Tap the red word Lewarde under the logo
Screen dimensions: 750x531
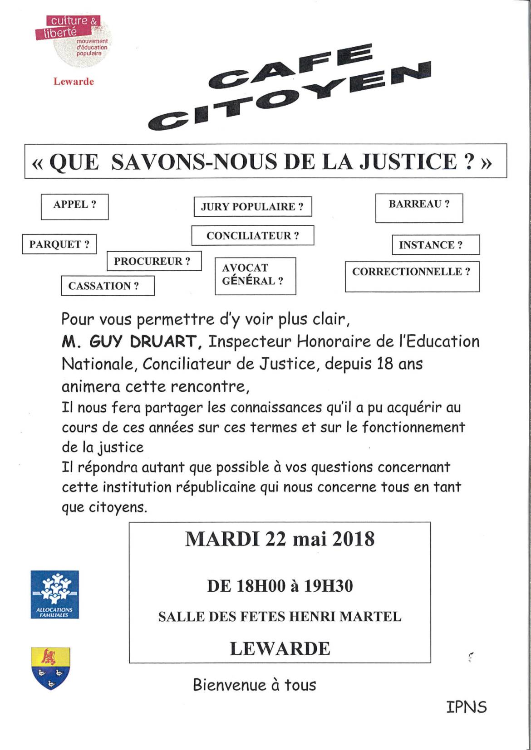click(x=74, y=82)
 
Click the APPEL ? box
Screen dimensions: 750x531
click(x=75, y=207)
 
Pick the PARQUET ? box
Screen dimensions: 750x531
click(x=59, y=244)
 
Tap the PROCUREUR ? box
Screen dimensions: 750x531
click(x=154, y=261)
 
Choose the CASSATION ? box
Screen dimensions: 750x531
click(x=108, y=286)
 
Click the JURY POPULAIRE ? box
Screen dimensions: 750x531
click(x=252, y=207)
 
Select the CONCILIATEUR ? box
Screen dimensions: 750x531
click(x=252, y=236)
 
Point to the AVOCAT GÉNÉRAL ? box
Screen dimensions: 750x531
click(x=255, y=276)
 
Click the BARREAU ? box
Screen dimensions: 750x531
click(x=419, y=208)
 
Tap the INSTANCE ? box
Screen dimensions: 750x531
click(x=435, y=245)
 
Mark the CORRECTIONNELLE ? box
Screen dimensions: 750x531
click(x=412, y=276)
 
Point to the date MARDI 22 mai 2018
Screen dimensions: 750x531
click(x=280, y=539)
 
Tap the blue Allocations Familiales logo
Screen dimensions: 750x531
click(x=54, y=594)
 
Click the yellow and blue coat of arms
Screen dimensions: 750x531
click(x=50, y=668)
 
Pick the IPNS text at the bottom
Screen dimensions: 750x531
click(x=466, y=707)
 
